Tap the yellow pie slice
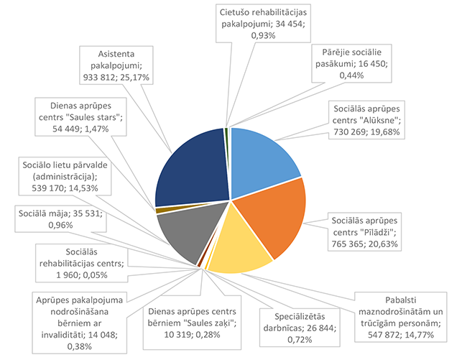pyautogui.click(x=234, y=248)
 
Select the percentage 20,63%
pyautogui.click(x=389, y=244)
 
